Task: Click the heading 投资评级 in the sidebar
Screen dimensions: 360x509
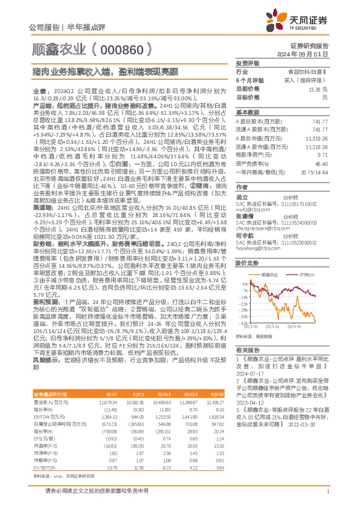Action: pyautogui.click(x=247, y=63)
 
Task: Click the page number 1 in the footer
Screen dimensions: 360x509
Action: pyautogui.click(x=327, y=498)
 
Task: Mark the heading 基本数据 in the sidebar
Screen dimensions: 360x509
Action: pyautogui.click(x=247, y=113)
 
